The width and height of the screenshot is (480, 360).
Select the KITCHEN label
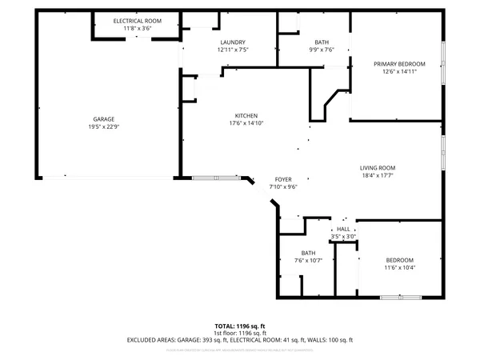[x=246, y=115]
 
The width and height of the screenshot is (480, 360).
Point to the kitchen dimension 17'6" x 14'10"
[x=246, y=122]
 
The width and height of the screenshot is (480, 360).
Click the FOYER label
[x=283, y=179]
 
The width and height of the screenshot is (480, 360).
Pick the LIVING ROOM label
[x=378, y=167]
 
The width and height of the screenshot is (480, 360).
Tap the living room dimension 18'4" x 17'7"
[x=378, y=174]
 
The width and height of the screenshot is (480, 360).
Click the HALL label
[x=343, y=230]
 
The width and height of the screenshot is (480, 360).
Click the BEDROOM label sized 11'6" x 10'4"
[x=399, y=261]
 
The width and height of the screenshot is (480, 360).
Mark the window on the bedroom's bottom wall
[x=401, y=298]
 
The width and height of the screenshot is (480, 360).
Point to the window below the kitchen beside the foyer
[x=214, y=177]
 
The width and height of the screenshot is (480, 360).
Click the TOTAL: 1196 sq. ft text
[x=240, y=326]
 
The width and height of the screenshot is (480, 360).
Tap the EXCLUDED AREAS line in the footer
[x=240, y=339]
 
